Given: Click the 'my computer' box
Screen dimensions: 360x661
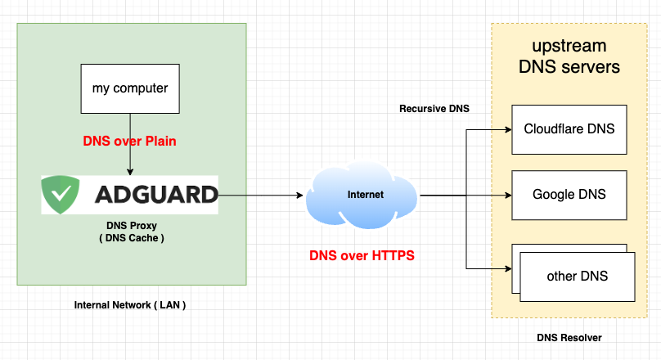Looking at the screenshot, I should coord(129,88).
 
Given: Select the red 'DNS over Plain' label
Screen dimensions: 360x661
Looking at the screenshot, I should coord(129,141).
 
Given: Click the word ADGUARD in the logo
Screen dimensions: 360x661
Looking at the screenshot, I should coord(156,195).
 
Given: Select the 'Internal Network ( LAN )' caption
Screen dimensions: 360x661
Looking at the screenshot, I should coord(130,304).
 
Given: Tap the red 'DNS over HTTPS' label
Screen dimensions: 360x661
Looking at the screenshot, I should coord(362,255).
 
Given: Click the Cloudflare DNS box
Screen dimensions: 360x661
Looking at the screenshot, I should coord(569,129).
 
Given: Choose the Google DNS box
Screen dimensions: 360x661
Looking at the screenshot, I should coord(569,195).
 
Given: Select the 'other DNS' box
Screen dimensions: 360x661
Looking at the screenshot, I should coord(577,276).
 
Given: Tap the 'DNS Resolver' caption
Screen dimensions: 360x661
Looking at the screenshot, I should coord(568,337).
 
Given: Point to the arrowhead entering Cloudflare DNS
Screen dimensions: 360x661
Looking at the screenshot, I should coord(507,129).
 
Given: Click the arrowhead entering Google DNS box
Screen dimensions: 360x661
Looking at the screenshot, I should coord(507,196).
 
